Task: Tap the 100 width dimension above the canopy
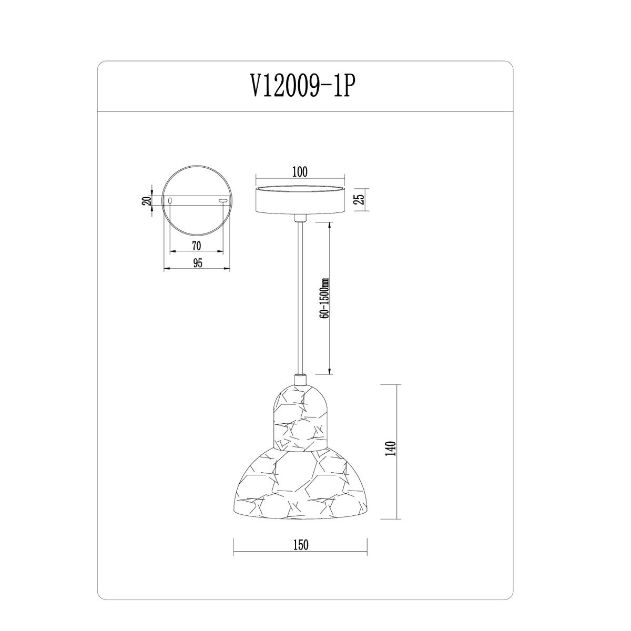(300, 172)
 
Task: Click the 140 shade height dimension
(392, 449)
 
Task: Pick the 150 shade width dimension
(300, 545)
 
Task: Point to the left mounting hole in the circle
(170, 200)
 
